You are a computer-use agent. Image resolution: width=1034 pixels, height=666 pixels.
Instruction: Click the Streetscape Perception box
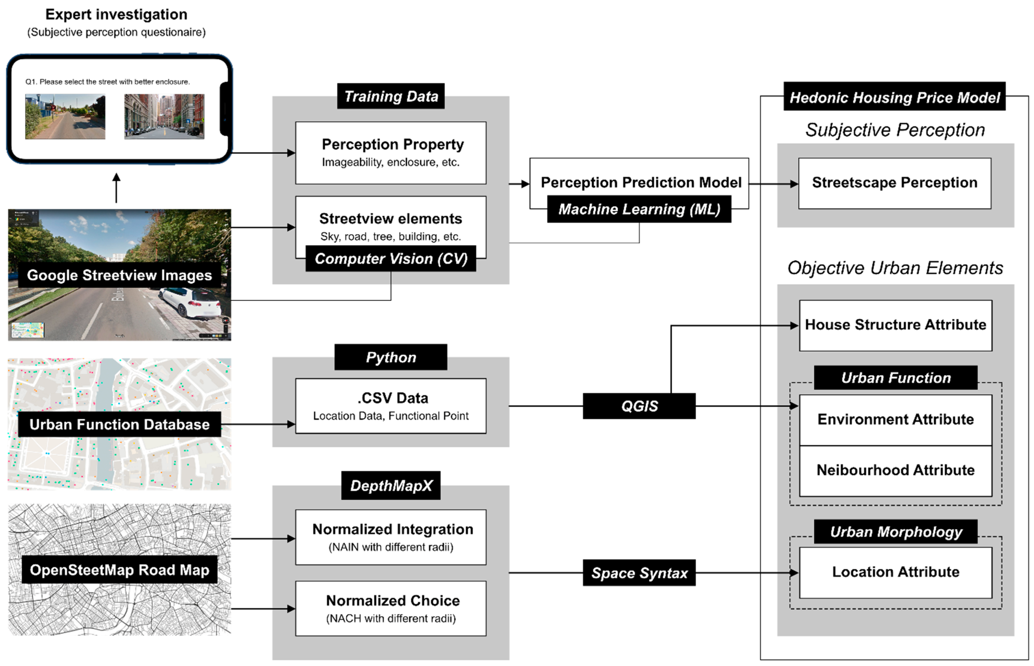pyautogui.click(x=894, y=183)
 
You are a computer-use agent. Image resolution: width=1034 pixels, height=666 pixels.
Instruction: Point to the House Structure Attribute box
pyautogui.click(x=895, y=325)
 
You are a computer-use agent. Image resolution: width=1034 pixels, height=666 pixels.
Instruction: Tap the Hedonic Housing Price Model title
pyautogui.click(x=894, y=97)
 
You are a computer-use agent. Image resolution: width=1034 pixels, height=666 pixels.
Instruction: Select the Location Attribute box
pyautogui.click(x=895, y=572)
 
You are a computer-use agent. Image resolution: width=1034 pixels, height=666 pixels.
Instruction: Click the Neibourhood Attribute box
pyautogui.click(x=895, y=470)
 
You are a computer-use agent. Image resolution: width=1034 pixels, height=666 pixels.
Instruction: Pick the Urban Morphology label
pyautogui.click(x=895, y=531)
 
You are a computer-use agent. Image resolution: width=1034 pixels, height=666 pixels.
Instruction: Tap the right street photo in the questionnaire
pyautogui.click(x=164, y=116)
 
